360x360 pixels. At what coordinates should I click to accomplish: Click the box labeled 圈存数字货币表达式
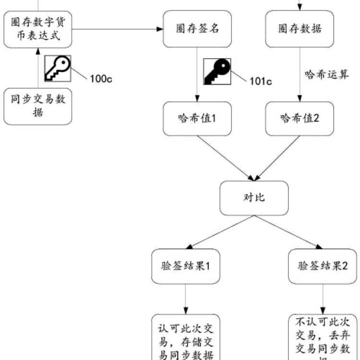click(x=38, y=30)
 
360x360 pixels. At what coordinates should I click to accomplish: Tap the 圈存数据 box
click(x=300, y=29)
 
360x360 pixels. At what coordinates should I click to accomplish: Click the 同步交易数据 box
click(x=38, y=106)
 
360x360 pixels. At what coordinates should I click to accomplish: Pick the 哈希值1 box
click(x=197, y=118)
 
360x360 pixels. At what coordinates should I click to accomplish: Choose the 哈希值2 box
click(x=300, y=118)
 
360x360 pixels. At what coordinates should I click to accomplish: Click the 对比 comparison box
click(x=254, y=198)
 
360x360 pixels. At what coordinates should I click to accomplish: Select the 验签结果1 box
click(x=185, y=266)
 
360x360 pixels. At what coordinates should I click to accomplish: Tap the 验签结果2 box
click(x=323, y=266)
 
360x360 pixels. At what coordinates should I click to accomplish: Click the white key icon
click(x=58, y=68)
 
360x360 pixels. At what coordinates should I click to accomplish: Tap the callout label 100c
click(x=101, y=78)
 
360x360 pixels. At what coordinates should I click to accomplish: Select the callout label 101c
click(x=261, y=81)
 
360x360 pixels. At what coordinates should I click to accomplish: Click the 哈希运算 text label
click(x=327, y=75)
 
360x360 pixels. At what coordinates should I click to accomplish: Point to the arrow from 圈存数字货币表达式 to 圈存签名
click(x=118, y=29)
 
